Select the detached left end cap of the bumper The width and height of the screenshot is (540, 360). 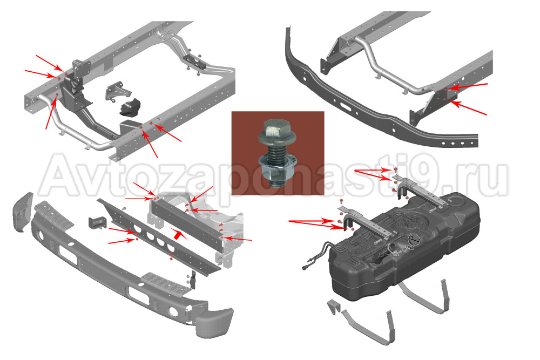[x=23, y=212]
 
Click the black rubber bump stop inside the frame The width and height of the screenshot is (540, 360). [x=131, y=107]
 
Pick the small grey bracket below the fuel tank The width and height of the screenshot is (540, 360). [x=334, y=307]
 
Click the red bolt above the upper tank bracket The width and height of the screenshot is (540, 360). [x=396, y=169]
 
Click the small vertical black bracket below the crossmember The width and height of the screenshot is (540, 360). [x=193, y=280]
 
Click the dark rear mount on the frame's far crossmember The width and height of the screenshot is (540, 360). [x=194, y=62]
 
